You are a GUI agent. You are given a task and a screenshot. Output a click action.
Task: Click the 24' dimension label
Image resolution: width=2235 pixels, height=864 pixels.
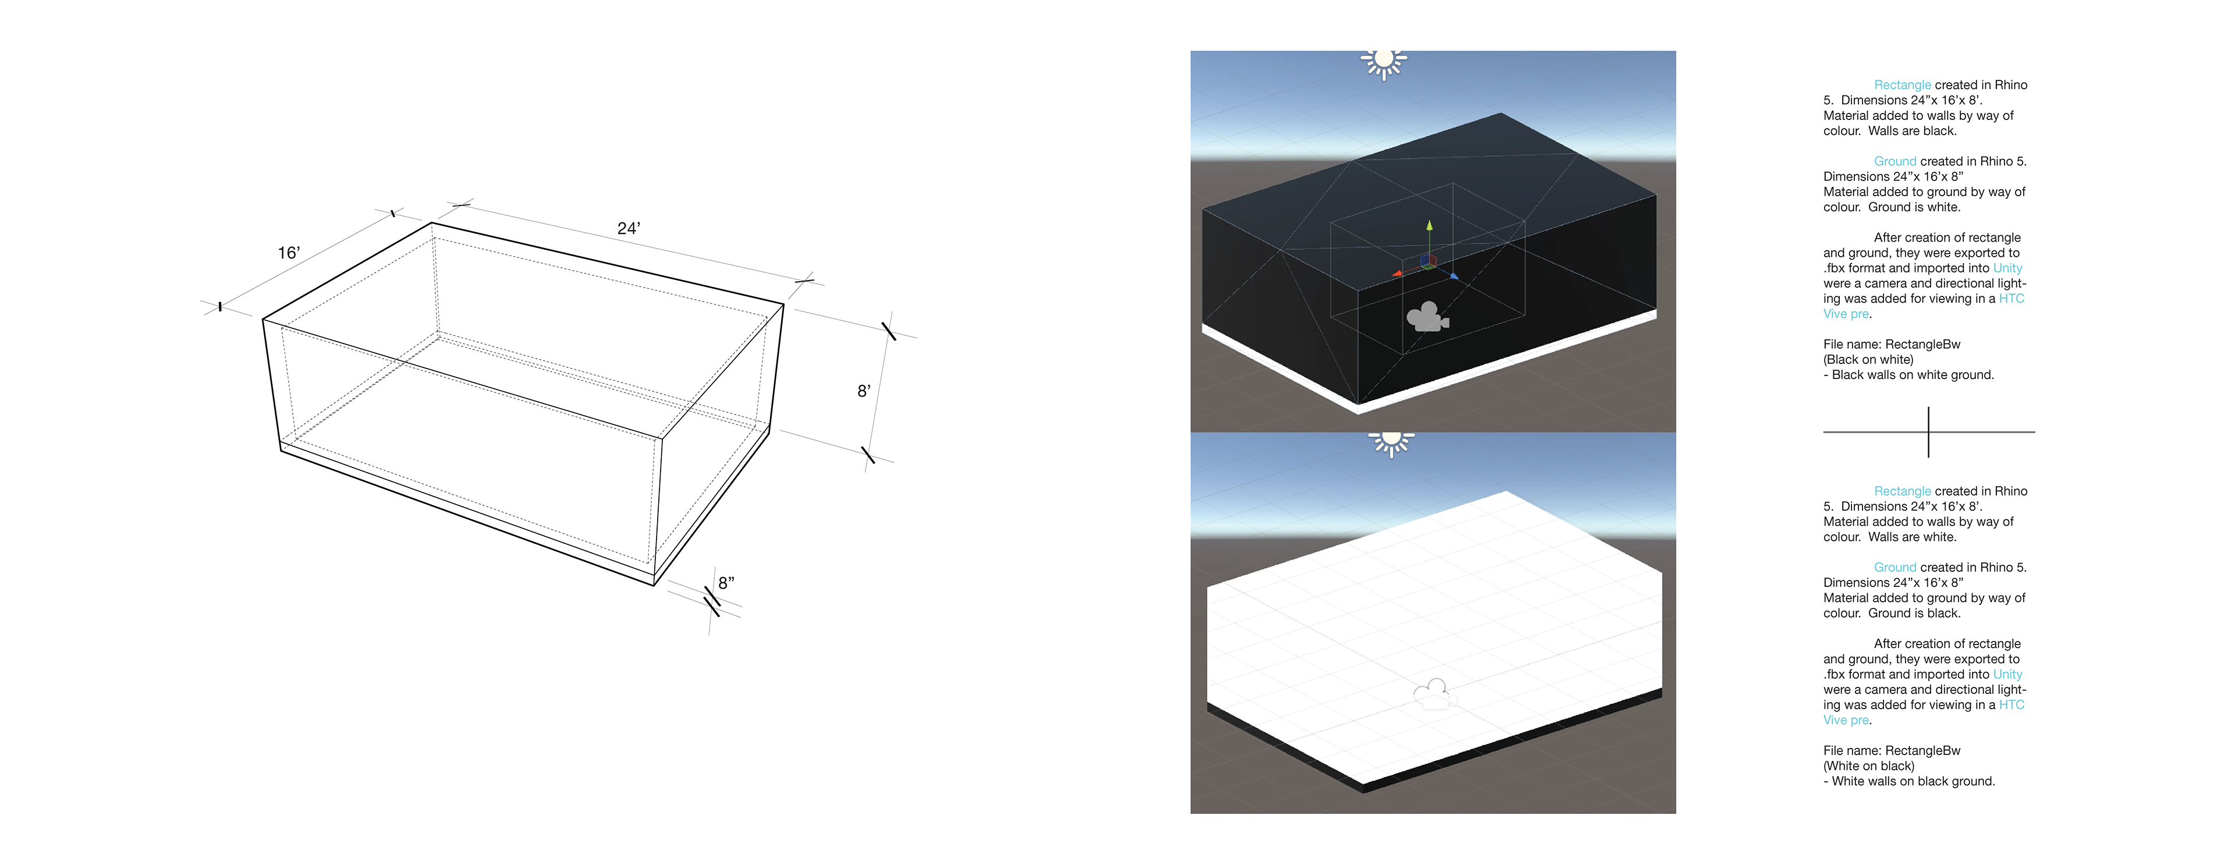coord(628,228)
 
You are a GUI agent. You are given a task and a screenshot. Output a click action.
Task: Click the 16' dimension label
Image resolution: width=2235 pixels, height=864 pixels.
coord(288,253)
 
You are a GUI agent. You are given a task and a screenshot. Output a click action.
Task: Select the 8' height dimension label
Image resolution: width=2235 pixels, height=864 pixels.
coord(863,391)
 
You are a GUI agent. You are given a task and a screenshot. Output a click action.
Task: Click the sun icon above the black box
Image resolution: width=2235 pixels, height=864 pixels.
coord(1384,62)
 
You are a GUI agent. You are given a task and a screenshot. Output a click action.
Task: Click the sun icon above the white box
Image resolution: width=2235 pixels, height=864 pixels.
coord(1392,443)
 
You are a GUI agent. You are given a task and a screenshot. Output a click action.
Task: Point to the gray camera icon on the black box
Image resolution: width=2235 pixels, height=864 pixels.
coord(1427,317)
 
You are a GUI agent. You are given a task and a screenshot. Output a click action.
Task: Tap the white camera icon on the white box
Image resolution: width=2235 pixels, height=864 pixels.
coord(1434,694)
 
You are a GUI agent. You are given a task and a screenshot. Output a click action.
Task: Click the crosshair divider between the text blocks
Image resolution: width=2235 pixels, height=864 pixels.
coord(1929,432)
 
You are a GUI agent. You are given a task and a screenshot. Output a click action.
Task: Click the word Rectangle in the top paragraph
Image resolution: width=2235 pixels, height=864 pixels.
coord(1902,85)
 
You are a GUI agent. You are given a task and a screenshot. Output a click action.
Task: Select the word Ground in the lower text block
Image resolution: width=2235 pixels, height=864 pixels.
coord(1895,567)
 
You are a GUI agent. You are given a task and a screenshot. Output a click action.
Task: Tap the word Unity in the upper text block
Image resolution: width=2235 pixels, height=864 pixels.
coord(2007,268)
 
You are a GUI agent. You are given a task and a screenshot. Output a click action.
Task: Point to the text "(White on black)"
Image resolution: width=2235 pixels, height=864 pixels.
coord(1869,766)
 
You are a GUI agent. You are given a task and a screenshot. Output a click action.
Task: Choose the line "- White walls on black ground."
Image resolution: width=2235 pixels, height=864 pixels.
coord(1909,781)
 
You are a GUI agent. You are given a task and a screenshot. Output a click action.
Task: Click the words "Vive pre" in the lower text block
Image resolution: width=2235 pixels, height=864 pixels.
coord(1846,720)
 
